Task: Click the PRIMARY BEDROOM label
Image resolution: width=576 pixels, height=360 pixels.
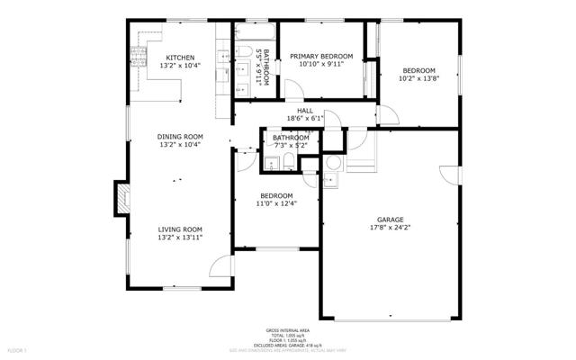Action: pos(320,57)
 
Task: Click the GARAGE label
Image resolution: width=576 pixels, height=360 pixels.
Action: pos(390,220)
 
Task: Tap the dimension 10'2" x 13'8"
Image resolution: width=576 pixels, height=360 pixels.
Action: pos(418,78)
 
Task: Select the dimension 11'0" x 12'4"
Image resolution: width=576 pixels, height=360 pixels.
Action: pos(276,203)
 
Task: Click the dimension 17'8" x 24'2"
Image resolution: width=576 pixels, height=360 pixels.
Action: pos(390,228)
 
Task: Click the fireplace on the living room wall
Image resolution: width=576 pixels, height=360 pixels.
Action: pos(119,198)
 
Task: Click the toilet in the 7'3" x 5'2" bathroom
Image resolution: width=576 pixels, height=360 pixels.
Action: pos(286,162)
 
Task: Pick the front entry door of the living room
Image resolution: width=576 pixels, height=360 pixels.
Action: pos(220,266)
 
